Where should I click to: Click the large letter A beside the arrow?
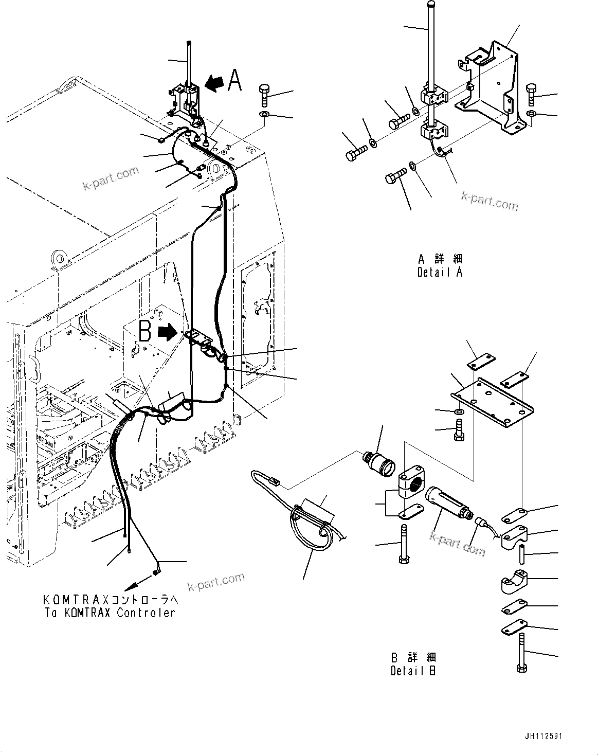pyautogui.click(x=234, y=81)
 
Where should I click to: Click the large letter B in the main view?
pyautogui.click(x=145, y=332)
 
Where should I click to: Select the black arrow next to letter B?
pyautogui.click(x=167, y=332)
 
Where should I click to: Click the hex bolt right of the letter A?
pyautogui.click(x=265, y=94)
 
